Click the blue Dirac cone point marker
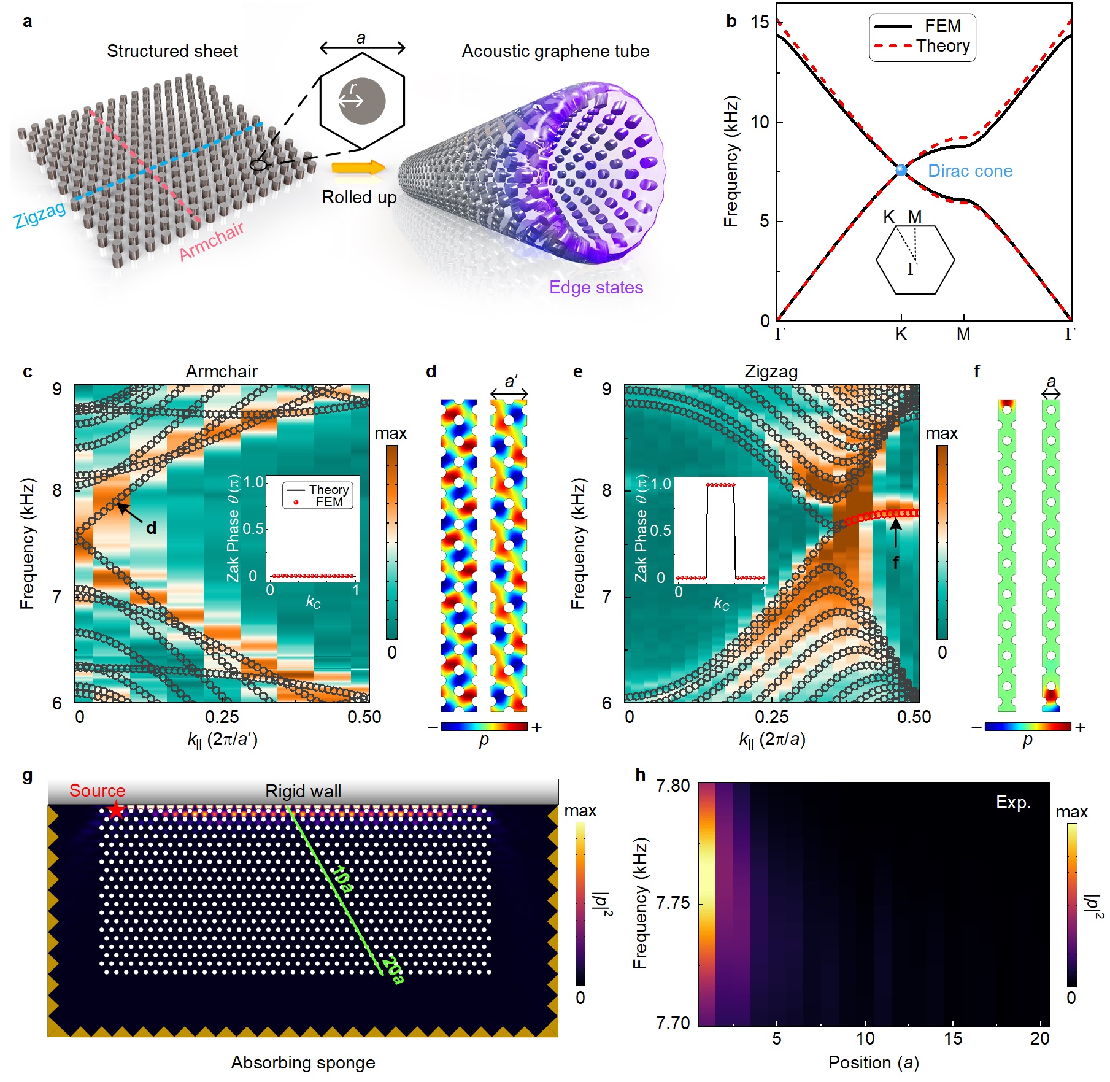pos(901,170)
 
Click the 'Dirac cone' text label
pos(969,171)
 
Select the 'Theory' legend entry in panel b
pos(942,46)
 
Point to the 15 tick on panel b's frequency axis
pos(760,23)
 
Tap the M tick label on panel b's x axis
pos(963,334)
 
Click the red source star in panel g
pos(115,811)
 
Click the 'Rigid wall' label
pos(303,791)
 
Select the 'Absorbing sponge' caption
pos(303,1062)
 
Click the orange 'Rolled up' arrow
pos(358,167)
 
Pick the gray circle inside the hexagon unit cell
pos(363,101)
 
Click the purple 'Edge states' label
pos(596,287)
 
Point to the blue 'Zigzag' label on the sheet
pos(40,214)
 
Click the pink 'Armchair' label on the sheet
pos(212,241)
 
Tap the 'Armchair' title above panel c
pos(222,371)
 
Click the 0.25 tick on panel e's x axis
pos(771,717)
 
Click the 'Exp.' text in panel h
pos(1013,802)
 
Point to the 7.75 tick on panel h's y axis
pos(673,903)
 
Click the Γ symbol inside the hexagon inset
pos(912,269)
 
